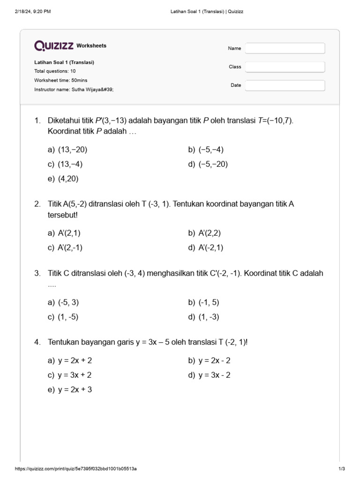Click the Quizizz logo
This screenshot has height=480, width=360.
click(53, 45)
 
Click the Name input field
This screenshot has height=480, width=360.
click(285, 48)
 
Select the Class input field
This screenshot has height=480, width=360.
click(285, 67)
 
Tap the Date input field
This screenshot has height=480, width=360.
click(285, 85)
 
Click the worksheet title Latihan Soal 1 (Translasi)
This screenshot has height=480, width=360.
click(67, 62)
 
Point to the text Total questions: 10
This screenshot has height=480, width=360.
click(55, 71)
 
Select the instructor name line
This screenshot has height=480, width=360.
click(74, 89)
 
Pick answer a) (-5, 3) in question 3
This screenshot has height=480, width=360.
click(63, 303)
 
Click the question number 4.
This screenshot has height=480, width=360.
click(37, 343)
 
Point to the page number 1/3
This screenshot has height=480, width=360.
click(341, 469)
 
